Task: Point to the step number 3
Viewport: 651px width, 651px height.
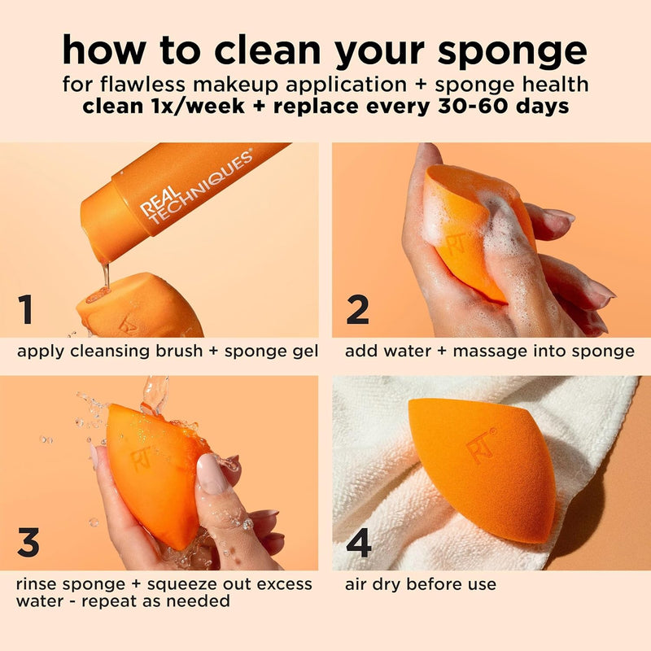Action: pyautogui.click(x=28, y=544)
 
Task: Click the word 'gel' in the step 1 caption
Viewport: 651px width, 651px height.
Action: pyautogui.click(x=304, y=352)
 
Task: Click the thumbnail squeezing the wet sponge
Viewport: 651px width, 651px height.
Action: pyautogui.click(x=210, y=476)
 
